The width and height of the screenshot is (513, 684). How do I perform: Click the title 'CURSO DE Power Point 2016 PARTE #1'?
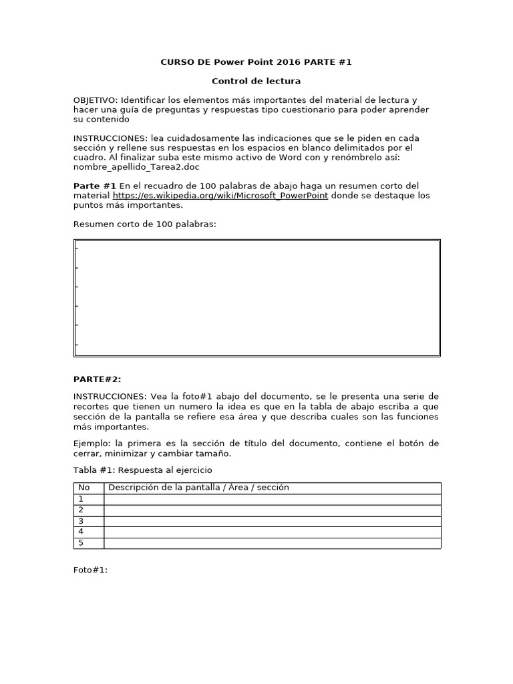256,62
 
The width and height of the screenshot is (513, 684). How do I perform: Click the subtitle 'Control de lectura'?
256,81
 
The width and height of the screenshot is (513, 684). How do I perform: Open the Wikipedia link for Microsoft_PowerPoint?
220,196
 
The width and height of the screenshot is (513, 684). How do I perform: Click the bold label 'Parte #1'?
95,186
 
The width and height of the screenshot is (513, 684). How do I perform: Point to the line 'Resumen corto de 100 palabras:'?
145,224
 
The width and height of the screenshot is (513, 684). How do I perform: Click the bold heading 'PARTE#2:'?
97,379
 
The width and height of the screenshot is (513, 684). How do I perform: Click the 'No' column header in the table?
84,488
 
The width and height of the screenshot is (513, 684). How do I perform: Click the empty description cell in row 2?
272,510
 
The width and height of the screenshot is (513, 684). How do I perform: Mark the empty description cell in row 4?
272,532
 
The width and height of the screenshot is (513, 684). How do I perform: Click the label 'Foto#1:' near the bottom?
90,570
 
